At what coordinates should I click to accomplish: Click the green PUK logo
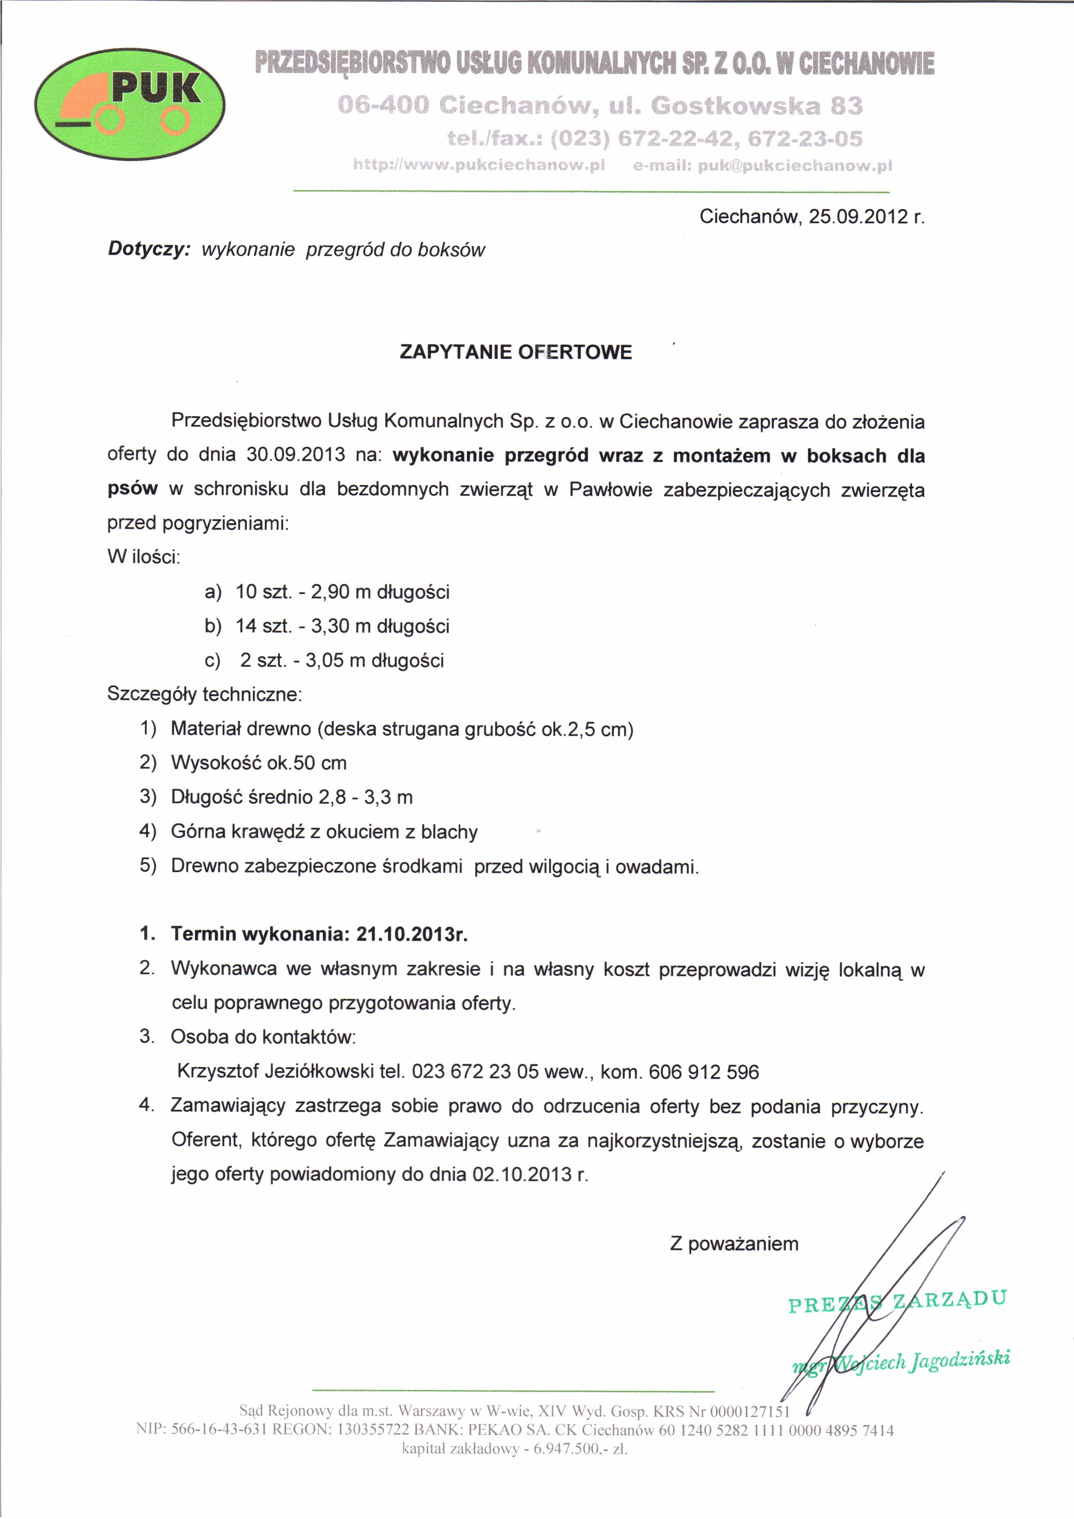click(129, 104)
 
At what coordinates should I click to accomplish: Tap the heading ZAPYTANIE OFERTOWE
click(515, 352)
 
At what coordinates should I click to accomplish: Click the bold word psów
click(133, 489)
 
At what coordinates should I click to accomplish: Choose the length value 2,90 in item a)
click(330, 591)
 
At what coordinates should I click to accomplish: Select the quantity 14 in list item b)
click(246, 626)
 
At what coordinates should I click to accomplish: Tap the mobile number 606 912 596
click(703, 1072)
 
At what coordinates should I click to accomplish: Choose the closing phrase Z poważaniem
click(734, 1244)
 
